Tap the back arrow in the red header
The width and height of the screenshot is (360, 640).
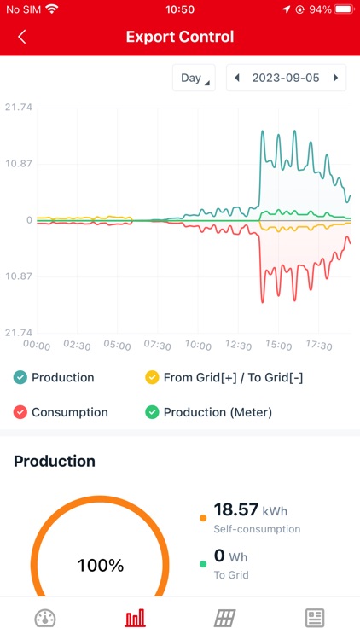[x=22, y=37]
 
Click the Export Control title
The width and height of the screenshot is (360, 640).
[x=179, y=37]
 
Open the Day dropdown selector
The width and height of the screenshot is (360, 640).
[x=194, y=78]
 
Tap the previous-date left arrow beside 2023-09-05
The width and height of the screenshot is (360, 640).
[x=236, y=78]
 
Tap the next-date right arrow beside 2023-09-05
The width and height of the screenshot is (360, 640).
[x=336, y=78]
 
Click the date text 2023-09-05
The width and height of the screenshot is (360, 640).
[x=286, y=78]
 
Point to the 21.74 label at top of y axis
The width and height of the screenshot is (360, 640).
[x=18, y=108]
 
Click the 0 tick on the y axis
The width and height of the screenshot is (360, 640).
[x=28, y=220]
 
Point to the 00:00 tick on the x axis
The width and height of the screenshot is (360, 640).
[x=36, y=346]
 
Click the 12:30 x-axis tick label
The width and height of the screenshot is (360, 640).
[x=239, y=346]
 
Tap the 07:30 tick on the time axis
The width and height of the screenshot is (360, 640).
[x=158, y=346]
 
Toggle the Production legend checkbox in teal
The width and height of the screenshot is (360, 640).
[x=20, y=377]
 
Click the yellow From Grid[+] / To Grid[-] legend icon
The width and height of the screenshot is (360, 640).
[x=152, y=377]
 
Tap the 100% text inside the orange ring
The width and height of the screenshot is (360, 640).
[x=100, y=565]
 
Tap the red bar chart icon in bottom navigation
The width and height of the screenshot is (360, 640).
[x=135, y=619]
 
